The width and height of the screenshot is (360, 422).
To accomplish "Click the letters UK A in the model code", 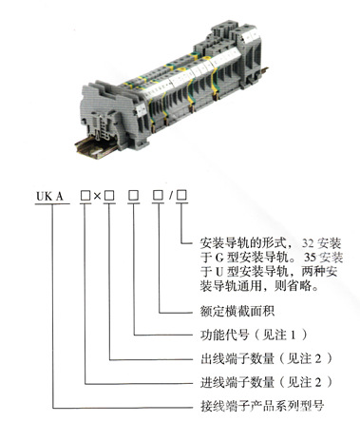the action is pos(49,197).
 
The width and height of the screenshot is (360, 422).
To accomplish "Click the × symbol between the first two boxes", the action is pos(97,196).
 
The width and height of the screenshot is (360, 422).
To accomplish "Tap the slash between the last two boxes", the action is pos(171,196).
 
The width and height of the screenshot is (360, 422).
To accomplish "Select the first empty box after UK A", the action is pos(85,196).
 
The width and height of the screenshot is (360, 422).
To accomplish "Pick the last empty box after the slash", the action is pos(181,195).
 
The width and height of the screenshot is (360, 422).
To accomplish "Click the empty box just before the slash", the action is pos(158,195).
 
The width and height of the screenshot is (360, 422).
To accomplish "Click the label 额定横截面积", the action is pos(237,311).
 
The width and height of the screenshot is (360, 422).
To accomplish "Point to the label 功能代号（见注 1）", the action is pos(254,335).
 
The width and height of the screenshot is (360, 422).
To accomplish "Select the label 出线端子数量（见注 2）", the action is pos(266,359).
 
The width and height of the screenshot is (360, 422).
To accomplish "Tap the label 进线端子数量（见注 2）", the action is pos(266,382).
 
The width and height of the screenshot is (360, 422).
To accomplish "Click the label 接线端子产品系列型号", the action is pos(262,406).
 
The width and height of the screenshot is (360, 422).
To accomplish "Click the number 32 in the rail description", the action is pos(308,243).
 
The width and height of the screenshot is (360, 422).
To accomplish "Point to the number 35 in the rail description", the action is pos(311,257).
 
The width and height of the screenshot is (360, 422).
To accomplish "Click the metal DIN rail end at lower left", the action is pos(89,149).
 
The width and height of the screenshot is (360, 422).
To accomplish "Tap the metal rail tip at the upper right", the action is pos(264,71).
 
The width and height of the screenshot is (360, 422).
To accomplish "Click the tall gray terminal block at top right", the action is pos(243,50).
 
